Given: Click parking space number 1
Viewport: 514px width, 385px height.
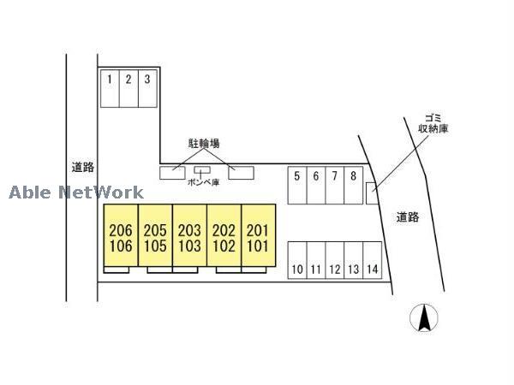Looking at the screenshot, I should (x=110, y=88).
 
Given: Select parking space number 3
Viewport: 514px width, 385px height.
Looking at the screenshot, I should (x=148, y=88).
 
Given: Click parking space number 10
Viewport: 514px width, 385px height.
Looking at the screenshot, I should (x=297, y=260).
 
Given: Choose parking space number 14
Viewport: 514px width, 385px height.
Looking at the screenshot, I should (x=372, y=260).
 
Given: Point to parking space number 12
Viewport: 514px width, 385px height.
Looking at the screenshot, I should (x=335, y=260).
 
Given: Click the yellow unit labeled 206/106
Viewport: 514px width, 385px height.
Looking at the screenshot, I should (x=122, y=237).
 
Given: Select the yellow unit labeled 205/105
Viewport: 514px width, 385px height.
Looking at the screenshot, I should (x=155, y=237).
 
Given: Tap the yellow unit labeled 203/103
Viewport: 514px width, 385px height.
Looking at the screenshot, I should (x=189, y=237).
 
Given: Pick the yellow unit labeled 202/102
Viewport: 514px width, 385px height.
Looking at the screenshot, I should (x=224, y=237).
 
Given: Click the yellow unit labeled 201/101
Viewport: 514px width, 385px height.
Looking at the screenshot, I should (x=258, y=237).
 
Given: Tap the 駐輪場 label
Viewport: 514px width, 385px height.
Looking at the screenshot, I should (x=205, y=145).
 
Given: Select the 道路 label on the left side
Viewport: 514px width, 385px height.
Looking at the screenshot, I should (x=82, y=169).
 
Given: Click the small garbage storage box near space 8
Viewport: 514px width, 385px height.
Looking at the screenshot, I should (x=369, y=193).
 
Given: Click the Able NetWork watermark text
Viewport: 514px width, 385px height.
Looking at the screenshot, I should (x=77, y=192).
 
